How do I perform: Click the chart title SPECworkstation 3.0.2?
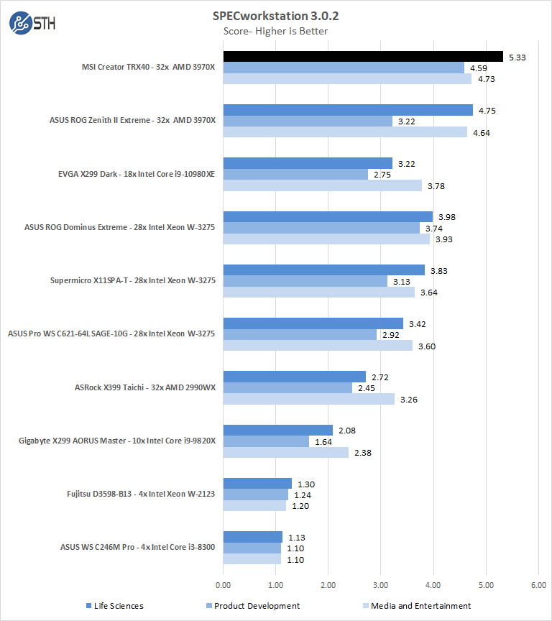click(275, 15)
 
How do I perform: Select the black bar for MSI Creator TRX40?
click(363, 57)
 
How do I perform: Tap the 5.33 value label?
click(517, 57)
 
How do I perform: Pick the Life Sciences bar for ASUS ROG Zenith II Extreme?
click(348, 110)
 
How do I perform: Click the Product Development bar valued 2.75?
click(295, 174)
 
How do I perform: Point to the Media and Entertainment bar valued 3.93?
click(326, 239)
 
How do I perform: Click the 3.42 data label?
click(418, 323)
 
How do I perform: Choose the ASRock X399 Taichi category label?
click(144, 387)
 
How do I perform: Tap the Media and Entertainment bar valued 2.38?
click(285, 452)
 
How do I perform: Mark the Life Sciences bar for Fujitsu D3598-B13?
click(257, 484)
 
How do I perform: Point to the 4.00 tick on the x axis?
click(433, 586)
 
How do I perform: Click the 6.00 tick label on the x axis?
click(538, 586)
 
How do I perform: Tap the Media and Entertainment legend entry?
click(416, 606)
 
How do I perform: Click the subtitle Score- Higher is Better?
click(276, 31)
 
